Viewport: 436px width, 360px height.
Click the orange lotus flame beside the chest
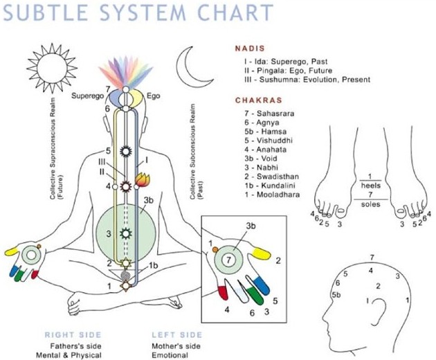(x=142, y=182)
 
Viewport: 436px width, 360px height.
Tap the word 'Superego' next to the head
(x=88, y=96)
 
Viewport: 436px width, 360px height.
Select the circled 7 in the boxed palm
(x=232, y=260)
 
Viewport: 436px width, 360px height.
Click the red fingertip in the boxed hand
(x=223, y=291)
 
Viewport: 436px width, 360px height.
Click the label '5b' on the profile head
(x=336, y=295)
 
